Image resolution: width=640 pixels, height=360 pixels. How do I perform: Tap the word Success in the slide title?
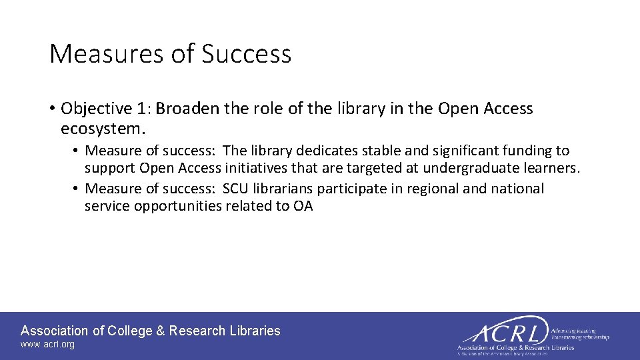(247, 54)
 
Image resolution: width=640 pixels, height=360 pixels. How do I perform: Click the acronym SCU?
(235, 189)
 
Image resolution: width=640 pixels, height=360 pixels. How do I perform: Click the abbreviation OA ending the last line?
(303, 206)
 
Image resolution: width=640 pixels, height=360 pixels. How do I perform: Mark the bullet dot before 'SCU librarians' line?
(77, 189)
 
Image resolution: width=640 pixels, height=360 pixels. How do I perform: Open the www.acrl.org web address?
(47, 345)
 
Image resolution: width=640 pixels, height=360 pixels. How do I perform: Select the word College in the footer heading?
(130, 331)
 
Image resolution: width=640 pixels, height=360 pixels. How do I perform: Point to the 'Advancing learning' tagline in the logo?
(574, 331)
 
